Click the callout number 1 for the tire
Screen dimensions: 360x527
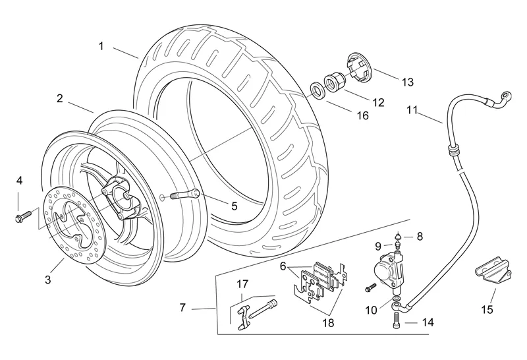coord(101,46)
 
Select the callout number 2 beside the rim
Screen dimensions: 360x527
coord(59,99)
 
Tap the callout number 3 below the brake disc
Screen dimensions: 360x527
coord(47,280)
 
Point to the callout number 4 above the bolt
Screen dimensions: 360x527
coord(19,180)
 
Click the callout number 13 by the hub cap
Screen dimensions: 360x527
coord(407,82)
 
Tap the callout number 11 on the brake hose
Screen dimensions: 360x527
coord(412,111)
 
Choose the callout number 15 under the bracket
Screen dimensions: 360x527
coord(487,309)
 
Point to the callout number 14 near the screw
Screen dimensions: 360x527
coord(428,323)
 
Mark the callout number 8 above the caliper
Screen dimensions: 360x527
coord(420,235)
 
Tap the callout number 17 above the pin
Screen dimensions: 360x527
coord(242,285)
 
